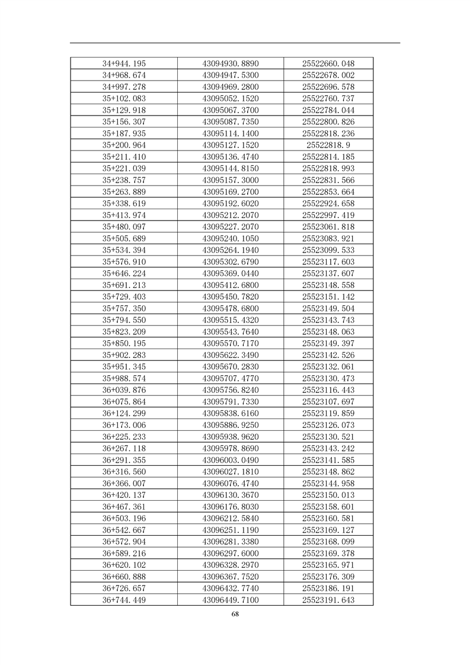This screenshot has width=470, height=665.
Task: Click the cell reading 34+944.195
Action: pos(124,63)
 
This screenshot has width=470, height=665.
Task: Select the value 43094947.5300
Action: pos(231,75)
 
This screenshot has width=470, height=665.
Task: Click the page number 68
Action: pos(235,614)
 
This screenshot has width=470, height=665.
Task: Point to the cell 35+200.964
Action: pos(124,145)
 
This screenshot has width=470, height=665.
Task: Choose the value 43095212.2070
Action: pos(231,215)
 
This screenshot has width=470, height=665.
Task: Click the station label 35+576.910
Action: pos(124,262)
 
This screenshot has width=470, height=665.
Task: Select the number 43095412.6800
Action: pos(231,285)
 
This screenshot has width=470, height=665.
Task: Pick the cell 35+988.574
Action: pos(124,378)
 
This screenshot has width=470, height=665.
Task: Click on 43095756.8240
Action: pos(231,390)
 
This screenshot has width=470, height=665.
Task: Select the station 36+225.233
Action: pos(124,437)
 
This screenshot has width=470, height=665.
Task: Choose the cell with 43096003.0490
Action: pos(231,460)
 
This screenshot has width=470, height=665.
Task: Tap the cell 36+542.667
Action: pos(124,530)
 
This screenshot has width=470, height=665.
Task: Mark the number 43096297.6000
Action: pos(231,553)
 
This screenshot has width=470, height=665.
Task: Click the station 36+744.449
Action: pos(124,600)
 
